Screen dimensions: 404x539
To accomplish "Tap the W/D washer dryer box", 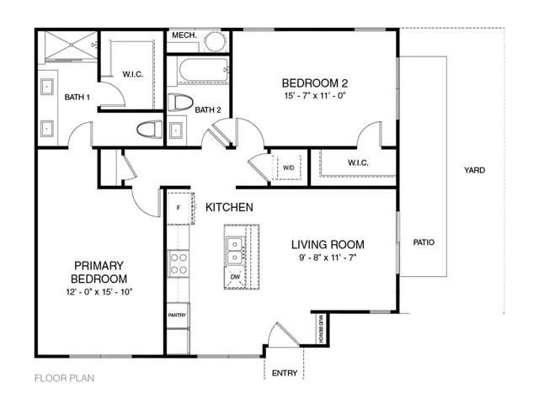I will coord(288,167).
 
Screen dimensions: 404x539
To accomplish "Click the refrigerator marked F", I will coord(179,207).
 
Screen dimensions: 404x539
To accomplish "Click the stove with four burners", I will coord(179,264).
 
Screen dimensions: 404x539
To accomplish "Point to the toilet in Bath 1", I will coord(149,130).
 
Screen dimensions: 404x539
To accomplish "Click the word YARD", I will coord(474,170).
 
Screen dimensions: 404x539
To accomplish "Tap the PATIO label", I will coord(424,242).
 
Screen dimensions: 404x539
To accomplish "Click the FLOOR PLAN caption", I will coord(64,378).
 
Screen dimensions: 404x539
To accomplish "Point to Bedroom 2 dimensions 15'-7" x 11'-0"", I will coord(314,96).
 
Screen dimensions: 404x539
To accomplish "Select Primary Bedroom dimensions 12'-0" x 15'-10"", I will coord(99,291).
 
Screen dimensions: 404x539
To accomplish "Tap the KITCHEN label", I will coord(230,207).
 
